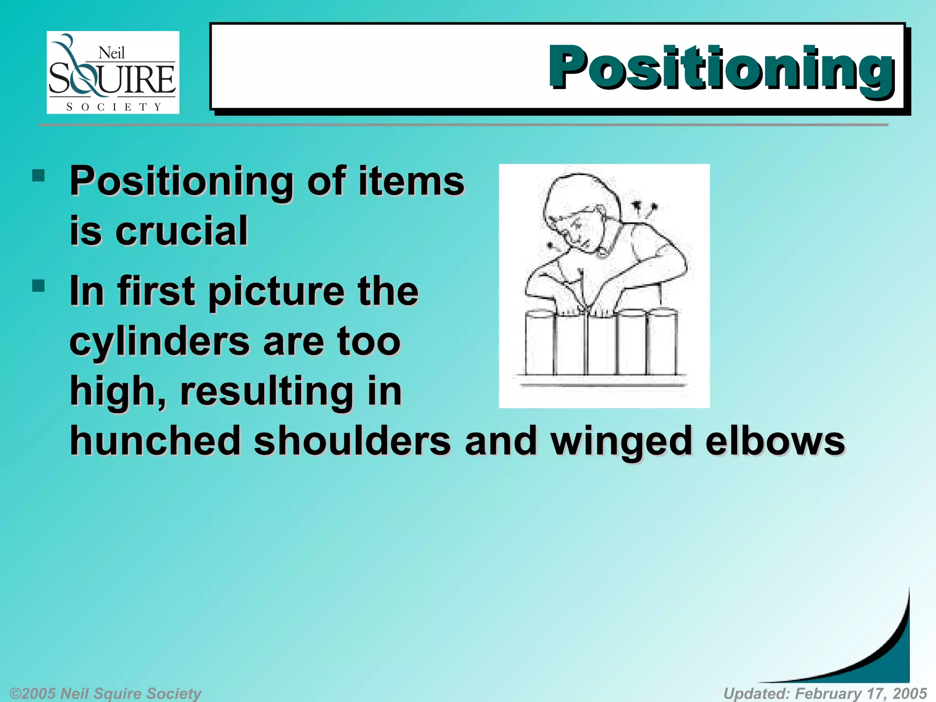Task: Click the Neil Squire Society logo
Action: coord(113,72)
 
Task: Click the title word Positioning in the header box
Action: coord(721,69)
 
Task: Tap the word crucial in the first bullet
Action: coord(181,231)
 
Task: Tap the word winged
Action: coord(621,441)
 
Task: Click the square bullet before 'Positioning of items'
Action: coord(39,176)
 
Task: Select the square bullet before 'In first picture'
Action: coord(39,286)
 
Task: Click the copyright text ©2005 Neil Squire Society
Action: coord(106,693)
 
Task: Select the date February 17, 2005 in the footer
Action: coord(861,693)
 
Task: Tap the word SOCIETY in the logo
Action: coord(113,107)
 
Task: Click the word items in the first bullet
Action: coord(411,181)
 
